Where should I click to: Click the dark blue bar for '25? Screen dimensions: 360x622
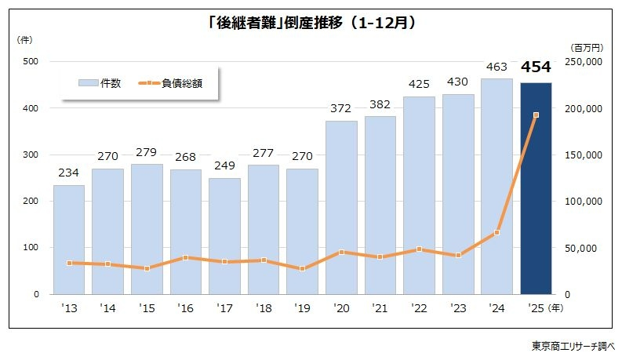(x=536, y=188)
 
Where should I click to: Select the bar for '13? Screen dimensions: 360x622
(x=69, y=239)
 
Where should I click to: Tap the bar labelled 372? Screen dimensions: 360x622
(x=341, y=208)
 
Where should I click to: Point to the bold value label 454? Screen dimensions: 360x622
(x=536, y=68)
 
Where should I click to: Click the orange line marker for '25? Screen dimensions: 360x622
(x=536, y=115)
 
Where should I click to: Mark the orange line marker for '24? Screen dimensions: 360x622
(x=497, y=233)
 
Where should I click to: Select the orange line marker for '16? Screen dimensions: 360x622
(x=186, y=257)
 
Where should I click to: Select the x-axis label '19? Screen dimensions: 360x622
(x=302, y=308)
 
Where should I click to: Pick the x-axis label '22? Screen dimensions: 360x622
(x=419, y=308)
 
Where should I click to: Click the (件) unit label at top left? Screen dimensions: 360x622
(x=24, y=39)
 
